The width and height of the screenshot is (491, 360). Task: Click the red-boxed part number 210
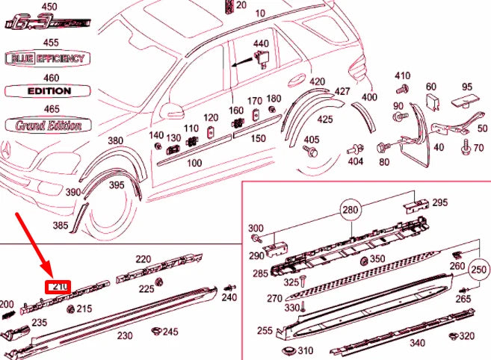59,287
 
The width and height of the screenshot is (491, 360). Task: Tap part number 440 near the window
260,44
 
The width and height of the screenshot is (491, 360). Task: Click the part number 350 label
378,259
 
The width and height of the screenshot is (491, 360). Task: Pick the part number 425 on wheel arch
325,120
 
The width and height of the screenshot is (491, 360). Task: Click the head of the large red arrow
48,274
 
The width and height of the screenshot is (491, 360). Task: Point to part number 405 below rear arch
311,140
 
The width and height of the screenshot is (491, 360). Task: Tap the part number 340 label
417,343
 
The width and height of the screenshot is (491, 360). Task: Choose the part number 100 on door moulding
194,162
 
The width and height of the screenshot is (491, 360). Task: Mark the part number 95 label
467,87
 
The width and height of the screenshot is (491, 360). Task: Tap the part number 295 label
439,202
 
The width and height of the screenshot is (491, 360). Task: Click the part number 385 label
61,224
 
